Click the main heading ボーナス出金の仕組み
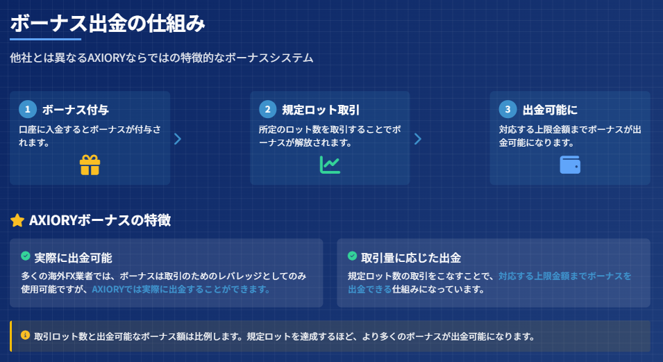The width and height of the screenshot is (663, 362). [x=108, y=24]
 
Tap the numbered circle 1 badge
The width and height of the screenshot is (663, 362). [x=28, y=109]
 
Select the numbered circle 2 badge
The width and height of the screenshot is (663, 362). [x=268, y=109]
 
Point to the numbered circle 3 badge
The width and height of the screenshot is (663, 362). [x=507, y=109]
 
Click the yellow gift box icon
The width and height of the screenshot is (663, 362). [x=90, y=165]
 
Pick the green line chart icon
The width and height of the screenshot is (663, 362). [x=330, y=165]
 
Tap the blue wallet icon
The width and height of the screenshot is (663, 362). [x=570, y=165]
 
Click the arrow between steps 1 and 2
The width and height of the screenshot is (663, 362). [x=178, y=139]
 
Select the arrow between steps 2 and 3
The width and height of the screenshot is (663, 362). [x=418, y=139]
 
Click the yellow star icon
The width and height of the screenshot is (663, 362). [x=17, y=220]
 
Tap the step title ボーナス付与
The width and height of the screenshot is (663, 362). [x=75, y=110]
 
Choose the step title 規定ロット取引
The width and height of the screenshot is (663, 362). [x=321, y=110]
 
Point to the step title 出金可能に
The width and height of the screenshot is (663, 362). [x=550, y=110]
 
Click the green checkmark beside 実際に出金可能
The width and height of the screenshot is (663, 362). [x=26, y=256]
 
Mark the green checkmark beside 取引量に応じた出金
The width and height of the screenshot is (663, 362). [x=352, y=256]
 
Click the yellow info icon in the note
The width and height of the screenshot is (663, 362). [x=26, y=336]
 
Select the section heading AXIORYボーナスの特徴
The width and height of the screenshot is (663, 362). [x=100, y=220]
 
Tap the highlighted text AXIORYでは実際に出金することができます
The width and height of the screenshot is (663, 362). [x=181, y=289]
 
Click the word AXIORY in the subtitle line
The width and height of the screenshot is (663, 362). [x=106, y=58]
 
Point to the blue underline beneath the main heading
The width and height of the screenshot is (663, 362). [x=45, y=40]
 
